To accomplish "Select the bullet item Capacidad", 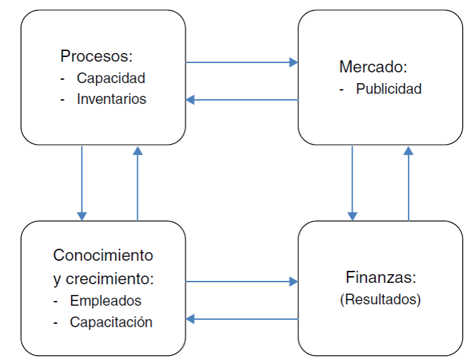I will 111,78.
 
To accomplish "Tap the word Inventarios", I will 111,99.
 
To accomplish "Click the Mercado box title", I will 373,67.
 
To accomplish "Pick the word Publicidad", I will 389,89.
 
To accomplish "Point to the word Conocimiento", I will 103,255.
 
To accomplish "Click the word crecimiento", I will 109,278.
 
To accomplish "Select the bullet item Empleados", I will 105,301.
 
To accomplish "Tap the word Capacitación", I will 111,322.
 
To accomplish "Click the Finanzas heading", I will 381,277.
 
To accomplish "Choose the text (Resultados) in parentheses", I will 381,300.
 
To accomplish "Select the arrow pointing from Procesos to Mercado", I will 241,62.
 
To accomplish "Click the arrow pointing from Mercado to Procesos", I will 241,100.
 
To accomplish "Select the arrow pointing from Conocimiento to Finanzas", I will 241,282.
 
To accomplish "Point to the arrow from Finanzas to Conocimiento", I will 241,319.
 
